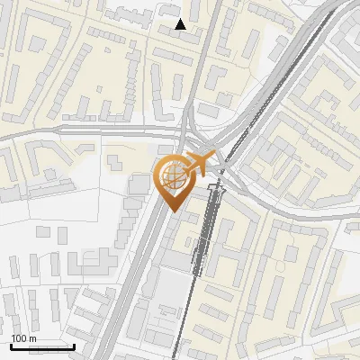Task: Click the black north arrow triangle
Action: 181,23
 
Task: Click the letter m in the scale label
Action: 32,338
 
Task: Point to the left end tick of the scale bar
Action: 10,346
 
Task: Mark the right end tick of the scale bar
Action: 74,346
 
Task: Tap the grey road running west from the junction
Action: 90,130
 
